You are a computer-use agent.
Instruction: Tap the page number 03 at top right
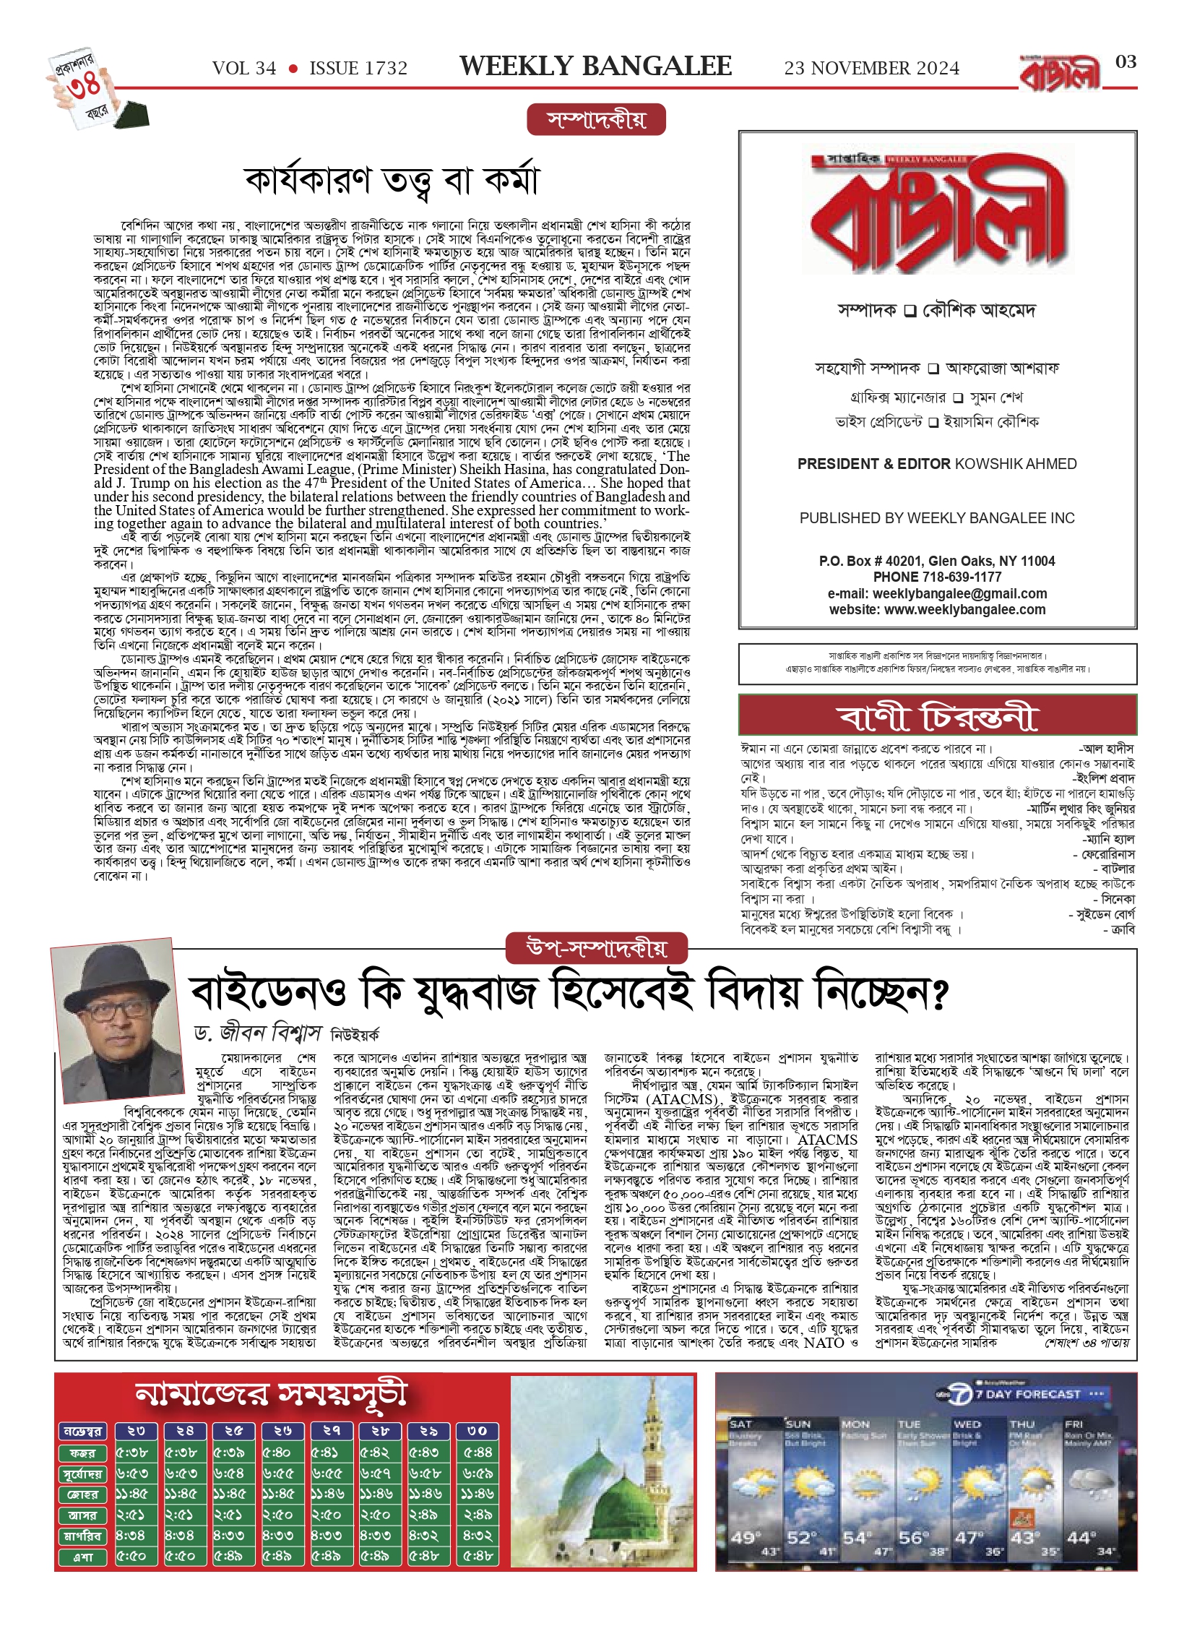click(1126, 62)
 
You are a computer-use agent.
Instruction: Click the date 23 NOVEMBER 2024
click(871, 69)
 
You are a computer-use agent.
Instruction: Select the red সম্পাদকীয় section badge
click(596, 120)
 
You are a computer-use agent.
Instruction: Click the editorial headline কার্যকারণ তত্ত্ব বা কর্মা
click(392, 181)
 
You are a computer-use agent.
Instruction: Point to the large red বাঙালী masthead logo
click(937, 215)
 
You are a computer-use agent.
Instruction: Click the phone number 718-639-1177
click(962, 577)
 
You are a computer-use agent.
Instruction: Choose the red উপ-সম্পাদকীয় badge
click(597, 948)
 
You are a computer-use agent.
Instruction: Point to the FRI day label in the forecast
click(1074, 1424)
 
